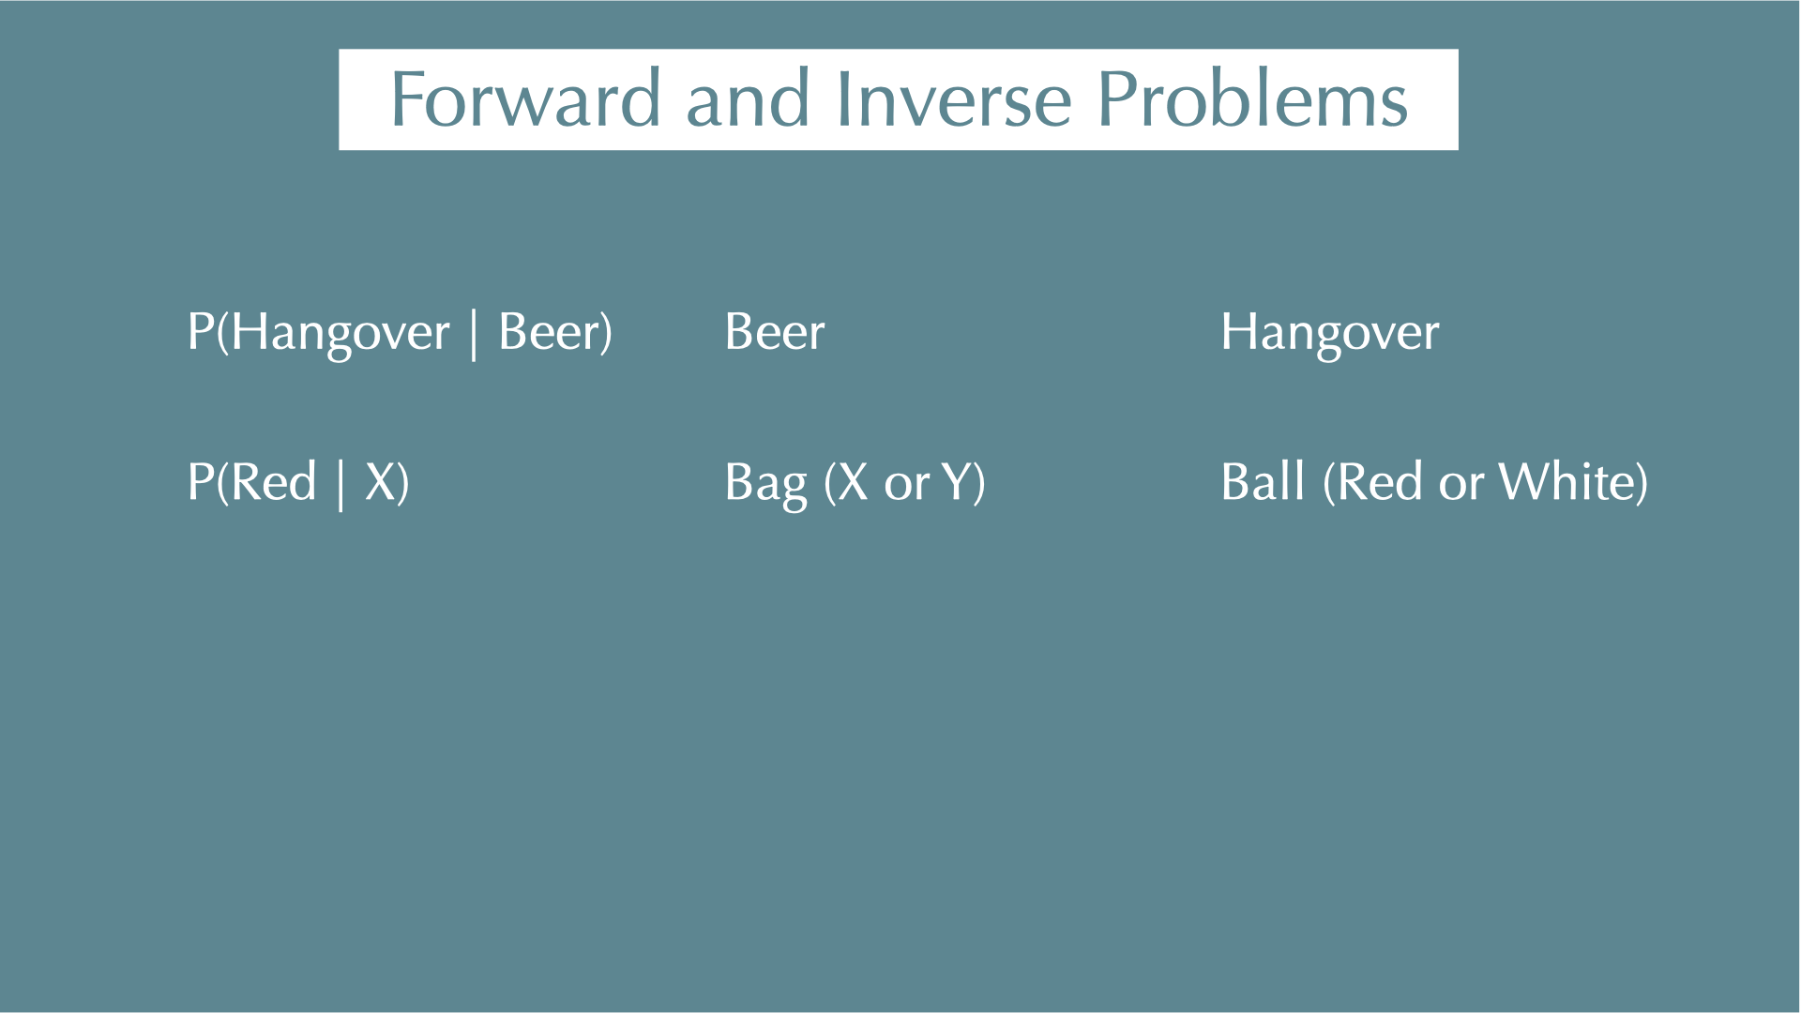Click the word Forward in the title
[525, 98]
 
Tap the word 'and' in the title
[748, 98]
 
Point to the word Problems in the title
[1252, 98]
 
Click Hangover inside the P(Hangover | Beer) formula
[341, 333]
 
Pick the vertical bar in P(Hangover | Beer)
[474, 334]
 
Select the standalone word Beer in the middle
[775, 332]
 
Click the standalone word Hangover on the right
[1330, 333]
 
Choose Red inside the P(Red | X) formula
[274, 482]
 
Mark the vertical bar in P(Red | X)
[341, 484]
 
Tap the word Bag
[765, 484]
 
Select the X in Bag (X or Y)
[853, 482]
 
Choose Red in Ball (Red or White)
[1379, 482]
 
